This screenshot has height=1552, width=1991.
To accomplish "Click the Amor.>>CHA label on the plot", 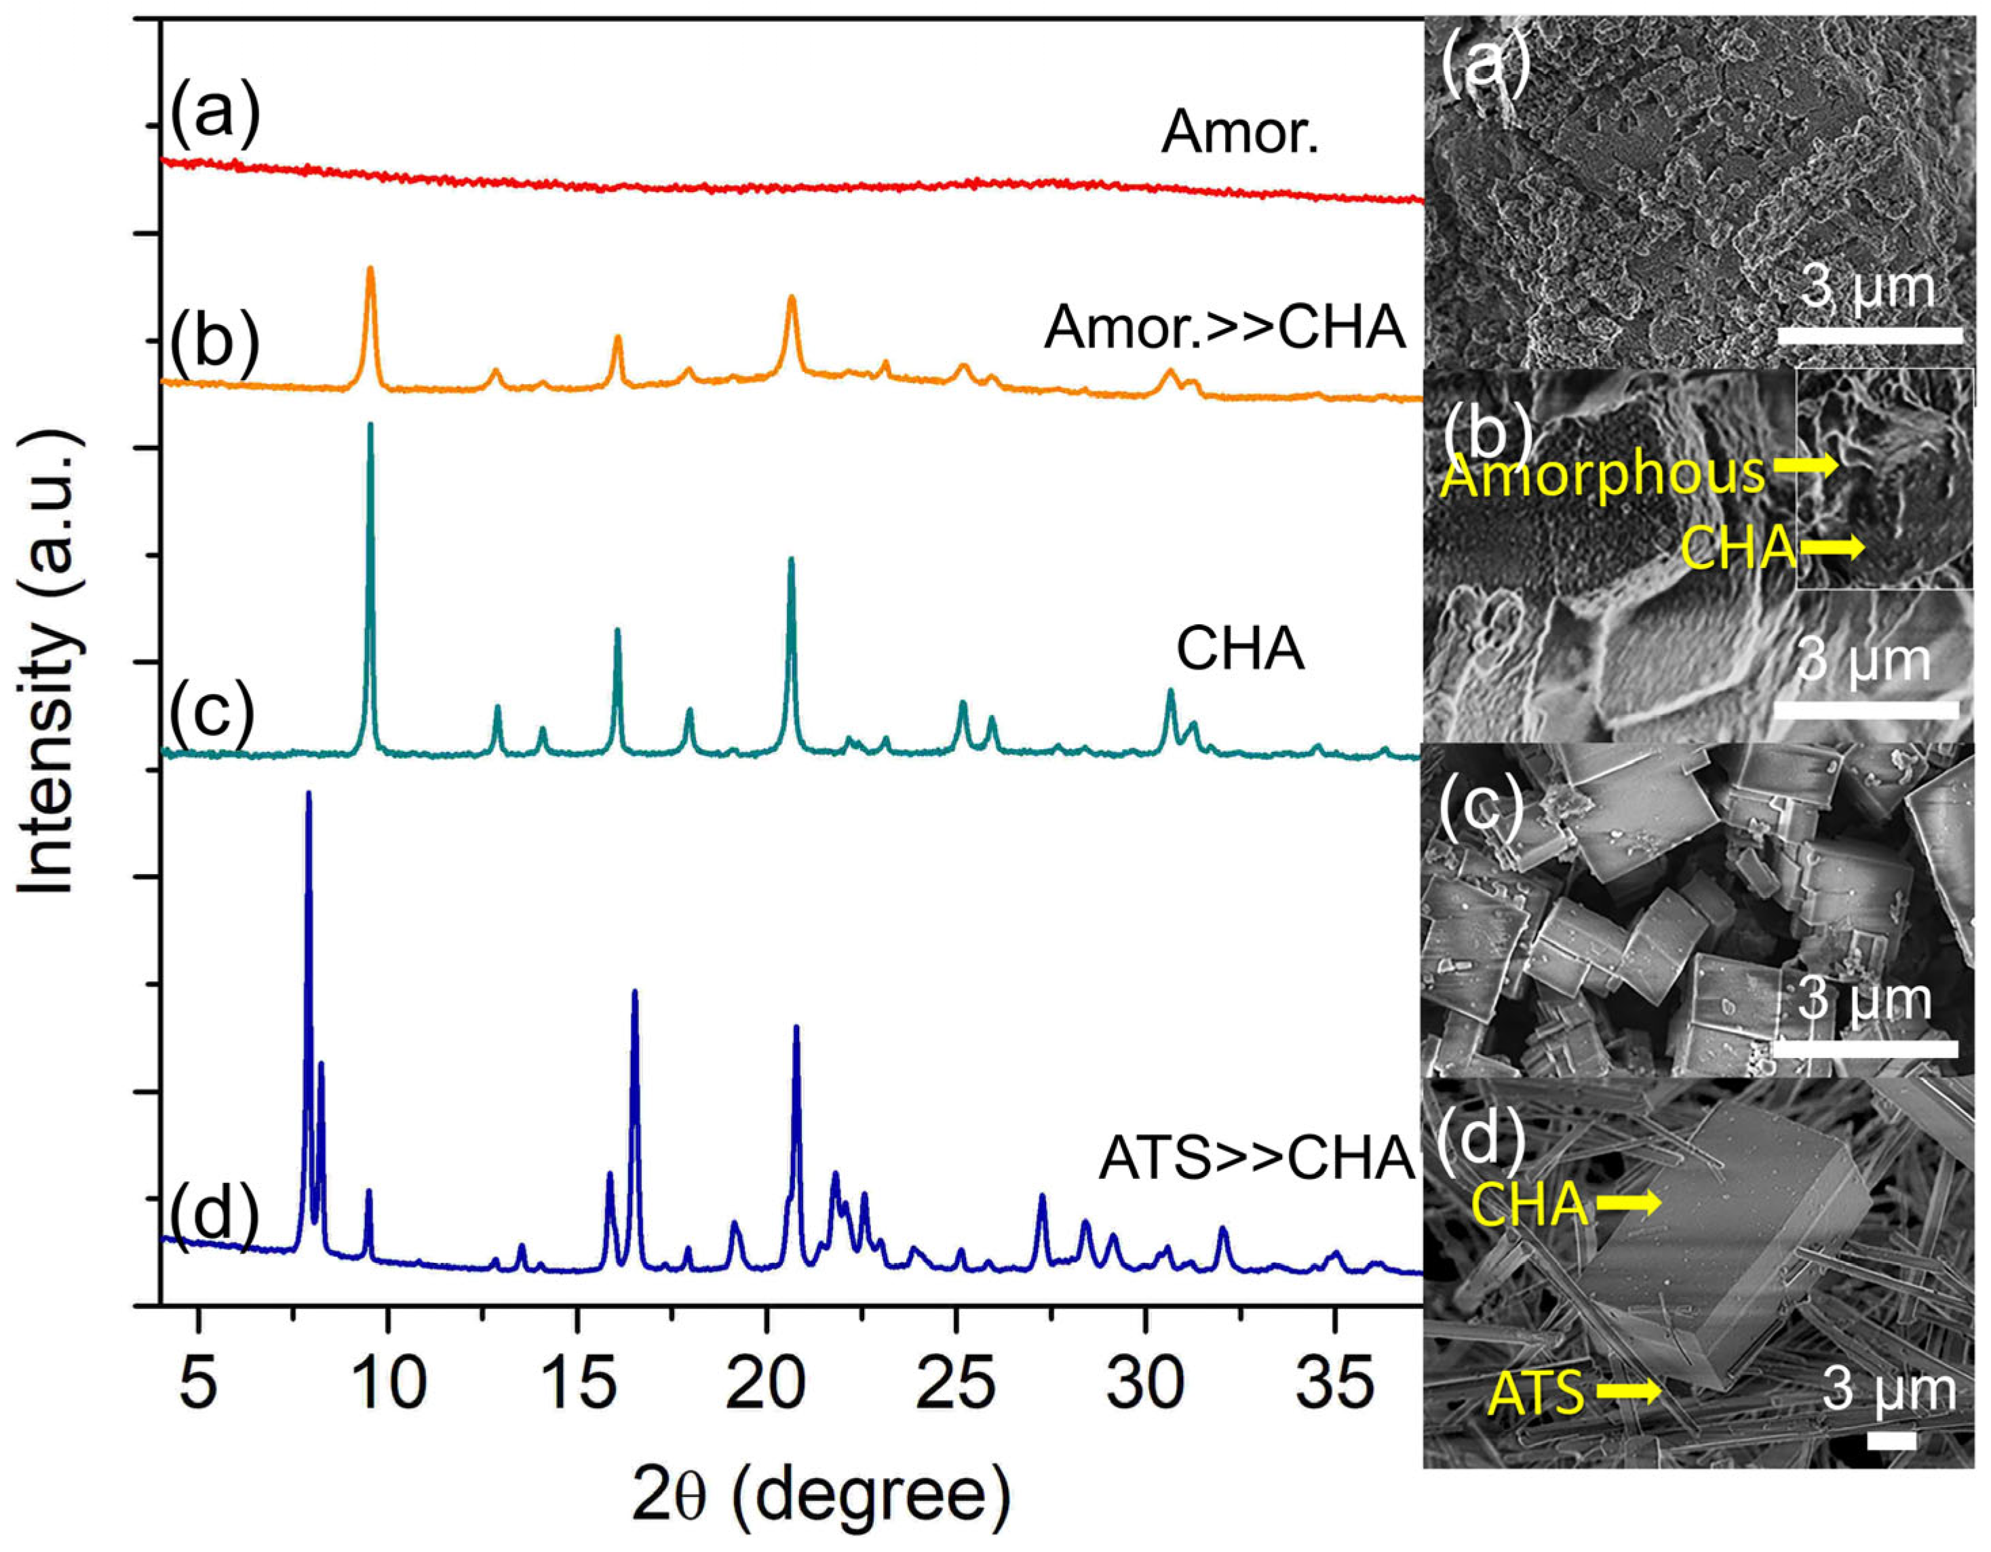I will click(x=1224, y=329).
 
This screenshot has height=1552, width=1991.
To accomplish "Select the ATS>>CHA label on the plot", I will click(x=1256, y=1159).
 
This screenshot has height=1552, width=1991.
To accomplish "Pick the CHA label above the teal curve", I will click(x=1240, y=650).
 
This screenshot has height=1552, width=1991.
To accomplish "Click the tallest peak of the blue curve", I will click(x=308, y=794).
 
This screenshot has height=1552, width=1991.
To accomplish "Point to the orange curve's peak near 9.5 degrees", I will click(x=370, y=269).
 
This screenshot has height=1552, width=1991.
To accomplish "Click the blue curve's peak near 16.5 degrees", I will click(x=634, y=992).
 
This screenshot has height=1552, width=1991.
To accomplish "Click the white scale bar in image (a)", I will click(x=1869, y=335).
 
